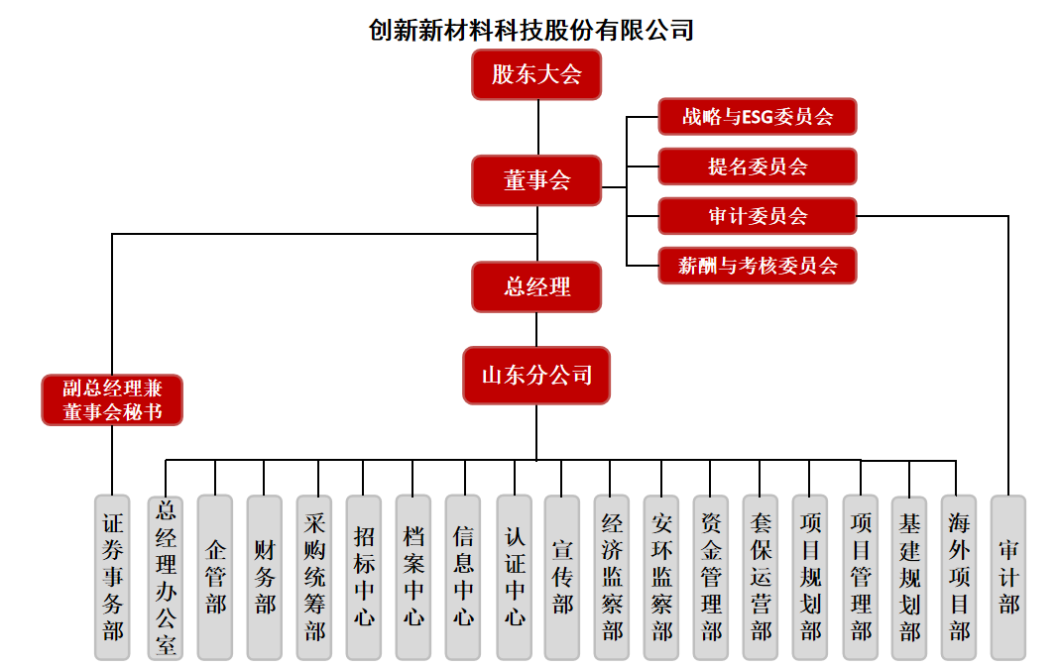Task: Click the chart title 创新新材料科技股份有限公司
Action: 530,30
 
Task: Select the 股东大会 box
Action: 536,74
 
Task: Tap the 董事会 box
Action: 536,180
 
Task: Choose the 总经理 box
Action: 536,286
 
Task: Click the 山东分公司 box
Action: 536,375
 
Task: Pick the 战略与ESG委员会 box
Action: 757,116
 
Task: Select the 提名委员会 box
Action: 757,167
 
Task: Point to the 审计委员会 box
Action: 757,216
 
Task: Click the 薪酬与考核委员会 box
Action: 757,266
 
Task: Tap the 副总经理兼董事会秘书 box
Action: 112,399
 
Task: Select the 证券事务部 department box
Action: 113,577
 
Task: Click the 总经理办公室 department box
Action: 166,577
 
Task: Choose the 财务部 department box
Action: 265,577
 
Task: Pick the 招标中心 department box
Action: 364,577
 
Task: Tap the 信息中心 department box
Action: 463,577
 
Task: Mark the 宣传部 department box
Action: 562,577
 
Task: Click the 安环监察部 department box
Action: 661,577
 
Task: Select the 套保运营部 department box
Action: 761,577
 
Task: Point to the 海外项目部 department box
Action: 959,577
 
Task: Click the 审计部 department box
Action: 1008,577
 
